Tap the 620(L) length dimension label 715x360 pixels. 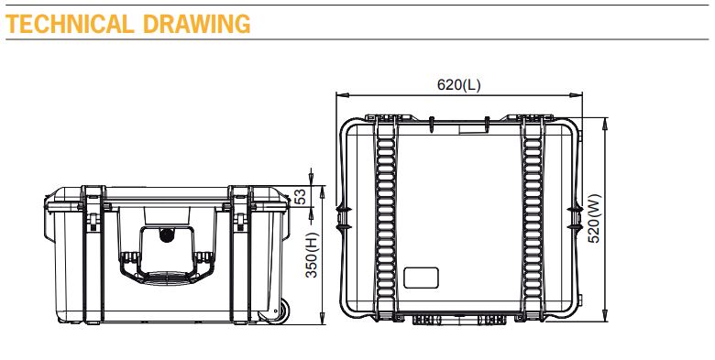[x=458, y=85]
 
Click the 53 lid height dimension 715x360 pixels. [x=300, y=196]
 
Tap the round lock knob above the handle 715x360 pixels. [x=166, y=235]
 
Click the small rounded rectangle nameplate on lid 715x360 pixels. [x=423, y=278]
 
